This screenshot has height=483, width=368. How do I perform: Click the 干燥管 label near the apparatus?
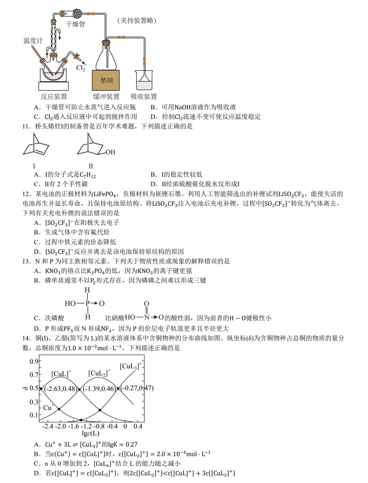pyautogui.click(x=75, y=24)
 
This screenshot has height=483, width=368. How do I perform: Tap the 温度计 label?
pyautogui.click(x=33, y=40)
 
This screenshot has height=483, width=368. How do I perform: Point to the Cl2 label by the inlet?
pyautogui.click(x=80, y=68)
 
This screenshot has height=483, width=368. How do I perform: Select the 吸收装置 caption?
pyautogui.click(x=143, y=97)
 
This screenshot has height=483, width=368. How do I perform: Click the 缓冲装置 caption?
pyautogui.click(x=106, y=97)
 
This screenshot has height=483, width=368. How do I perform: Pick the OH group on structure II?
pyautogui.click(x=110, y=152)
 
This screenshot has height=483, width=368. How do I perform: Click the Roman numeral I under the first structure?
pyautogui.click(x=34, y=166)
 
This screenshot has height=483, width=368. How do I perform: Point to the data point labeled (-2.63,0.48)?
pyautogui.click(x=41, y=388)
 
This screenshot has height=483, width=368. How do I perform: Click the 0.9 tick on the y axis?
pyautogui.click(x=33, y=361)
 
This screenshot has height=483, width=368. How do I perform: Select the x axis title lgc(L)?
pyautogui.click(x=90, y=433)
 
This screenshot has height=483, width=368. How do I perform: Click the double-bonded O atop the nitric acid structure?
pyautogui.click(x=146, y=304)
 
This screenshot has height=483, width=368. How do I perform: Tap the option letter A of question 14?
pyautogui.click(x=37, y=444)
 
